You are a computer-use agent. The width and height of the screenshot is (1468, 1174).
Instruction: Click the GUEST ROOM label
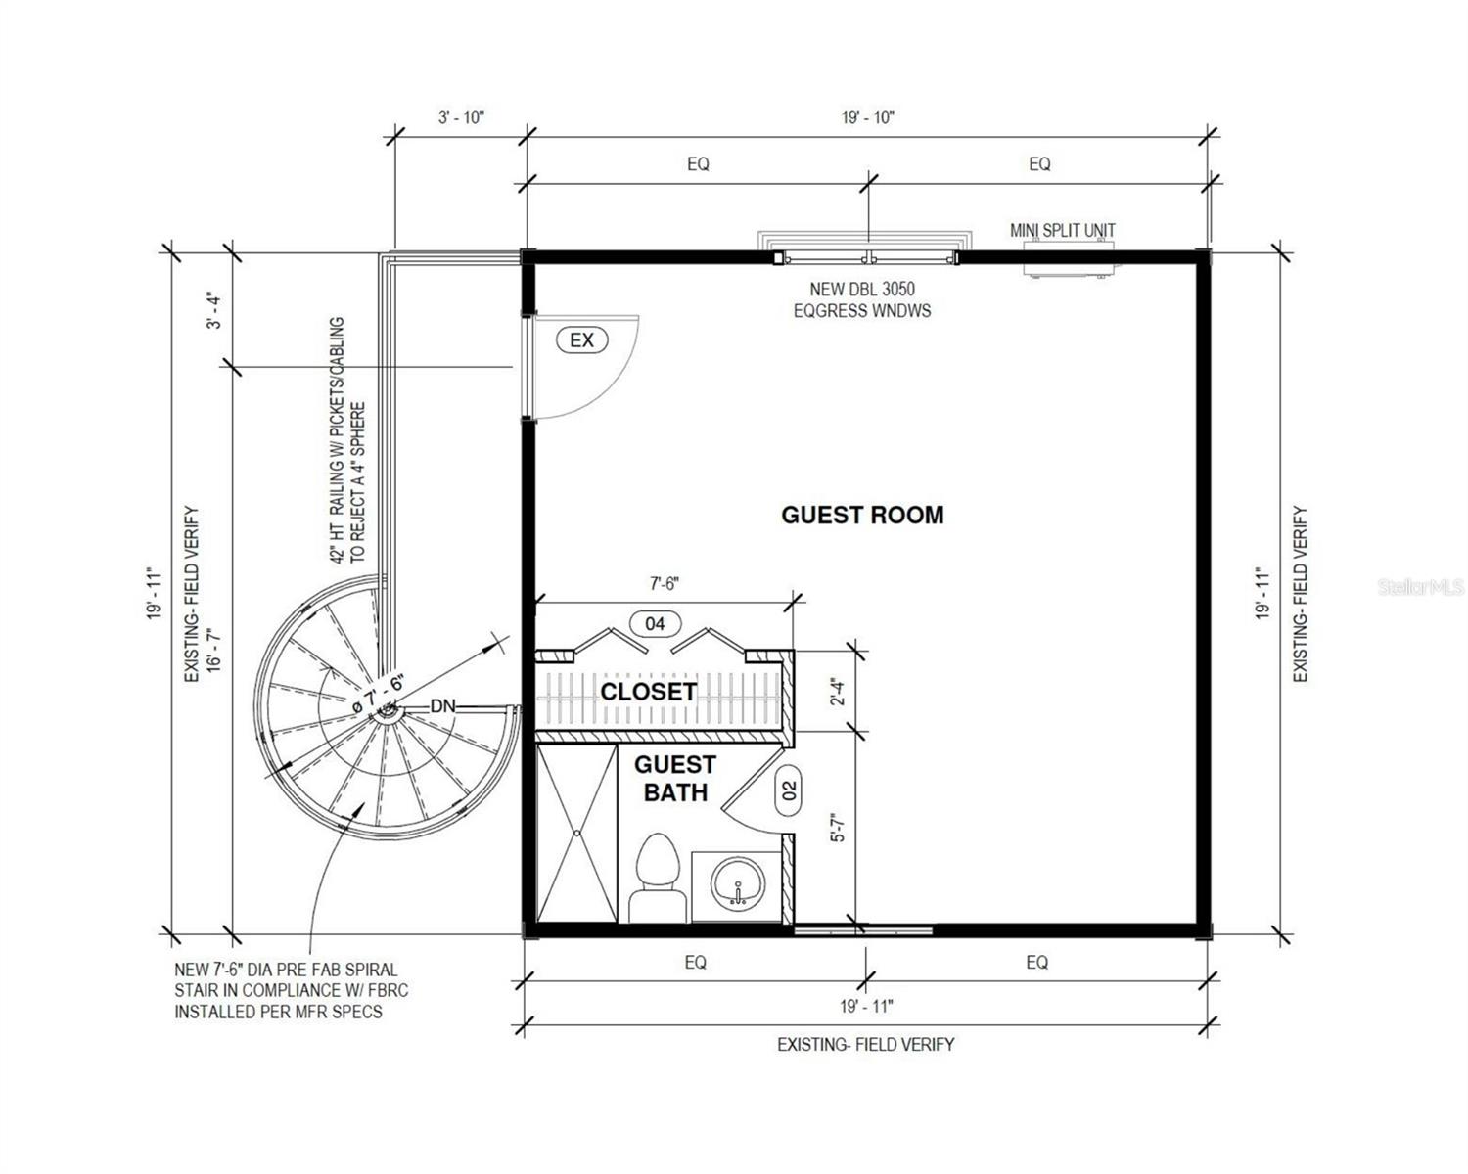click(x=862, y=515)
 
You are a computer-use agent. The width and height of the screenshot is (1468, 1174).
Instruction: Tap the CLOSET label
click(x=648, y=692)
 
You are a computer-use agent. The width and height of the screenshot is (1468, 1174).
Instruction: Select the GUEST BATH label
click(x=675, y=779)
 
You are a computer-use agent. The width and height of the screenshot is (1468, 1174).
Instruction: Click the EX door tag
click(x=581, y=339)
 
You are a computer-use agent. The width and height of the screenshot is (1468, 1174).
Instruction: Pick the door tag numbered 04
click(x=655, y=623)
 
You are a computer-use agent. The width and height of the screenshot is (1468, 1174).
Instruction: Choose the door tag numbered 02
click(x=789, y=790)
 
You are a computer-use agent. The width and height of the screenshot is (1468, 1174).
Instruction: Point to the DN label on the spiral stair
click(x=442, y=706)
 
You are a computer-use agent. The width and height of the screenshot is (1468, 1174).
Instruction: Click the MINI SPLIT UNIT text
click(x=1062, y=231)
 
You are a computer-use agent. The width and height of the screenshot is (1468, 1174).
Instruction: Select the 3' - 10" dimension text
click(x=461, y=117)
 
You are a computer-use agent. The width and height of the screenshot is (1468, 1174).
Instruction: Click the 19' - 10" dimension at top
click(x=867, y=117)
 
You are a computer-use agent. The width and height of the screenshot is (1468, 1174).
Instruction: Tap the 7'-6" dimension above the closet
click(x=664, y=584)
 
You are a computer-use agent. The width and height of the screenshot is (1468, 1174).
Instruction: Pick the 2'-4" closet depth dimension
click(x=839, y=692)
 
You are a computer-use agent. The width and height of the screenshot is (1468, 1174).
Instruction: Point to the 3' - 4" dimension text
click(x=215, y=310)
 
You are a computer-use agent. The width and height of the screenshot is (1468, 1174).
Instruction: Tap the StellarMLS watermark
click(x=1422, y=587)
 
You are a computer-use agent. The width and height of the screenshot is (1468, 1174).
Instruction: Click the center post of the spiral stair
click(x=389, y=712)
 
